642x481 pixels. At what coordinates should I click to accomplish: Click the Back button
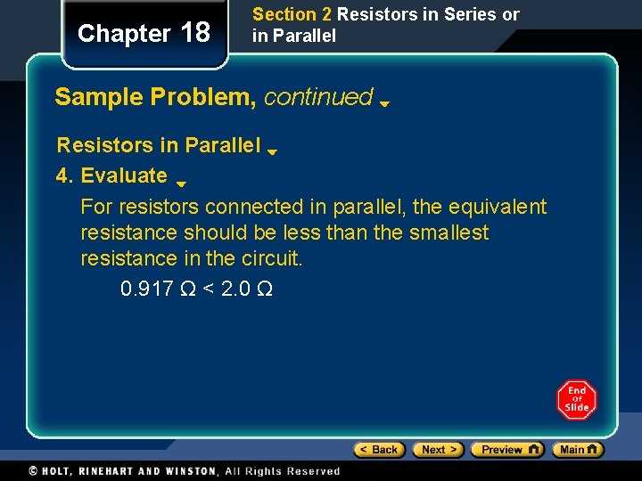pos(379,450)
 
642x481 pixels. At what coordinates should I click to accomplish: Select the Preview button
pos(507,450)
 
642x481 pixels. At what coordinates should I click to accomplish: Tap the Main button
pos(578,450)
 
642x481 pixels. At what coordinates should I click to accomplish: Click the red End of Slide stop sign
pos(577,400)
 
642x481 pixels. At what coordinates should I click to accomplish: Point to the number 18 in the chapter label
pos(195,33)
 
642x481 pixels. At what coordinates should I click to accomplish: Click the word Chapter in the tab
pos(124,34)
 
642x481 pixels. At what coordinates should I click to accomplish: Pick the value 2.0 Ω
pos(245,289)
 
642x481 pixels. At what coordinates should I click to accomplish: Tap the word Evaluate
pos(124,175)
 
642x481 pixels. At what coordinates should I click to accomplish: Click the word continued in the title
pos(318,97)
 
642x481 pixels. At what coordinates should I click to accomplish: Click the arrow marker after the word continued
pos(384,103)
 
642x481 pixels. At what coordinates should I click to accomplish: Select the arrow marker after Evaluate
pos(180,184)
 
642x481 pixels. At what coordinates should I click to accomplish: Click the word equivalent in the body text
pos(495,207)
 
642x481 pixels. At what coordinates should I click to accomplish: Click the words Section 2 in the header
pos(284,15)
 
